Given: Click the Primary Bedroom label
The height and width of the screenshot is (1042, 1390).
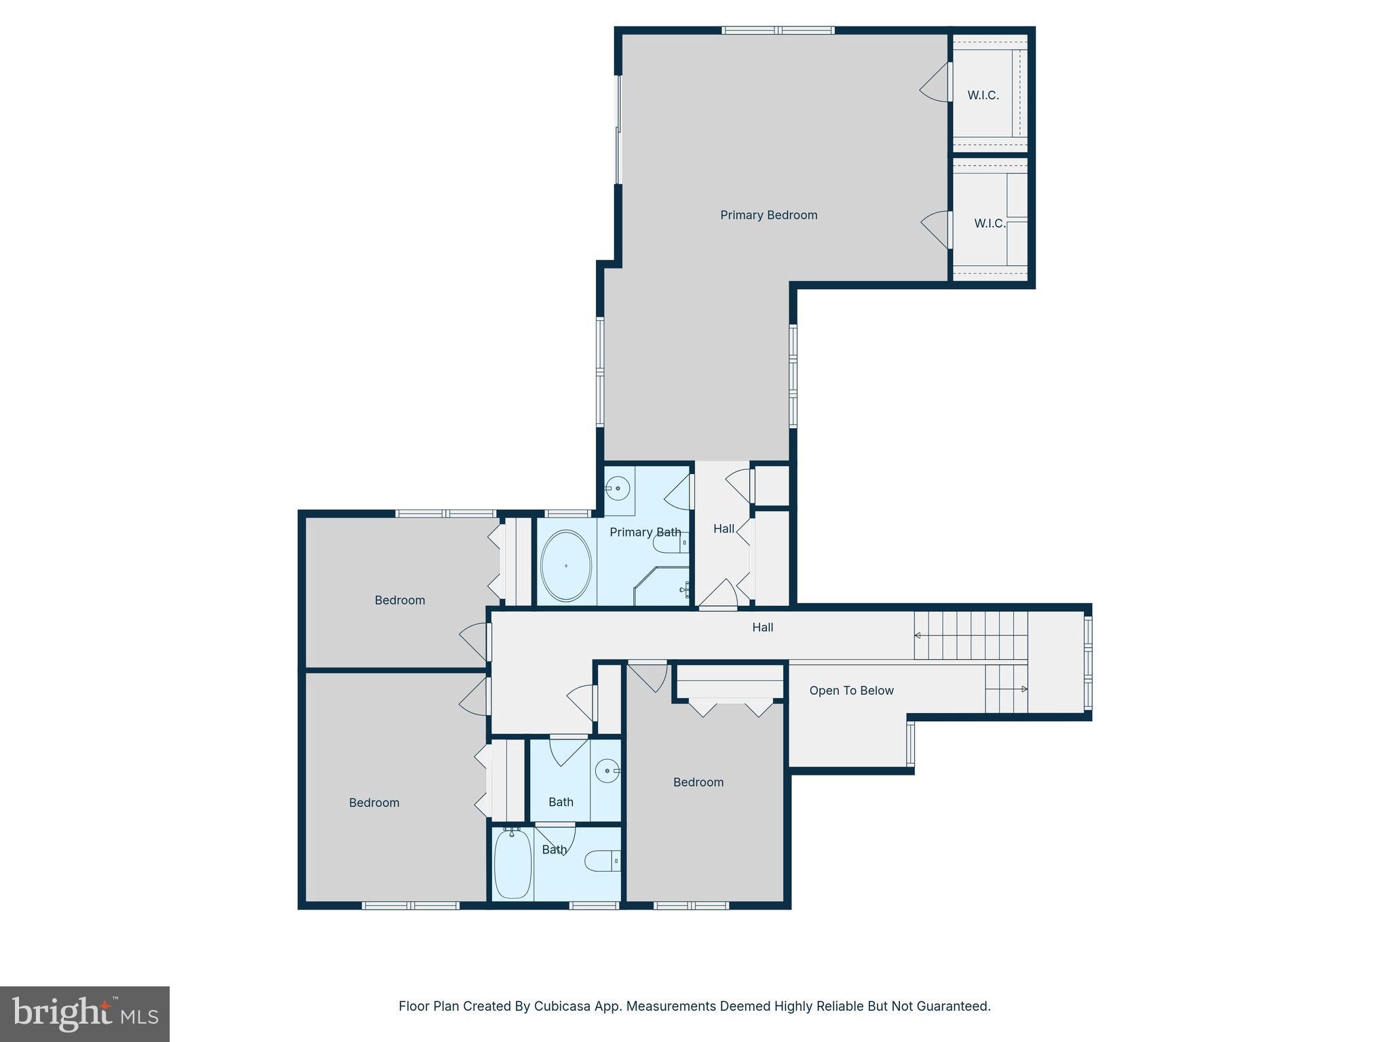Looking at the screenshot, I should pos(768,215).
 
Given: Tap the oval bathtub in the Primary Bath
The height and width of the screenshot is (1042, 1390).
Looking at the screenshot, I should pos(565,566).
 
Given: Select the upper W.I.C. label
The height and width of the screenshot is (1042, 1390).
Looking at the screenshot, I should pos(983,95).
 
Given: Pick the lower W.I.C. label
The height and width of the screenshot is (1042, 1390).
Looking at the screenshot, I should pos(990,223).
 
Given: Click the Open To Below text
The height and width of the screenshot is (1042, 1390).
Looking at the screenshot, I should pos(851,691).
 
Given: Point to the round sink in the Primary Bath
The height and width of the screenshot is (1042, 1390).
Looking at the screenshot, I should pos(618,488).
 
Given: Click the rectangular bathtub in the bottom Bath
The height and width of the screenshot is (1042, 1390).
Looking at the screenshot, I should pos(512,864).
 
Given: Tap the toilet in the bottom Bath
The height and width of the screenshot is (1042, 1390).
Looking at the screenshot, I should pos(602,861).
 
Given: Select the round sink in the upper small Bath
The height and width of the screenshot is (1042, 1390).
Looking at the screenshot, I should pos(606,771).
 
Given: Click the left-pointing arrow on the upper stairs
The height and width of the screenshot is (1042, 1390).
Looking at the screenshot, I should pos(918,636).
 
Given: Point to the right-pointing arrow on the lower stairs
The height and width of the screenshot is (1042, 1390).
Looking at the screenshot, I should pos(1024,689).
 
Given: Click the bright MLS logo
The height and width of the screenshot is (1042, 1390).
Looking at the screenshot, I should pos(85,1014).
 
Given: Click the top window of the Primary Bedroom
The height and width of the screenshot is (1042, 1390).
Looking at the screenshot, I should pos(778,30).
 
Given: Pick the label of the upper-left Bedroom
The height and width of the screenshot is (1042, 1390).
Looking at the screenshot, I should pos(400,600).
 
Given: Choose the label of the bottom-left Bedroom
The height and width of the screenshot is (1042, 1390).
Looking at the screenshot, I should pos(374,803).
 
